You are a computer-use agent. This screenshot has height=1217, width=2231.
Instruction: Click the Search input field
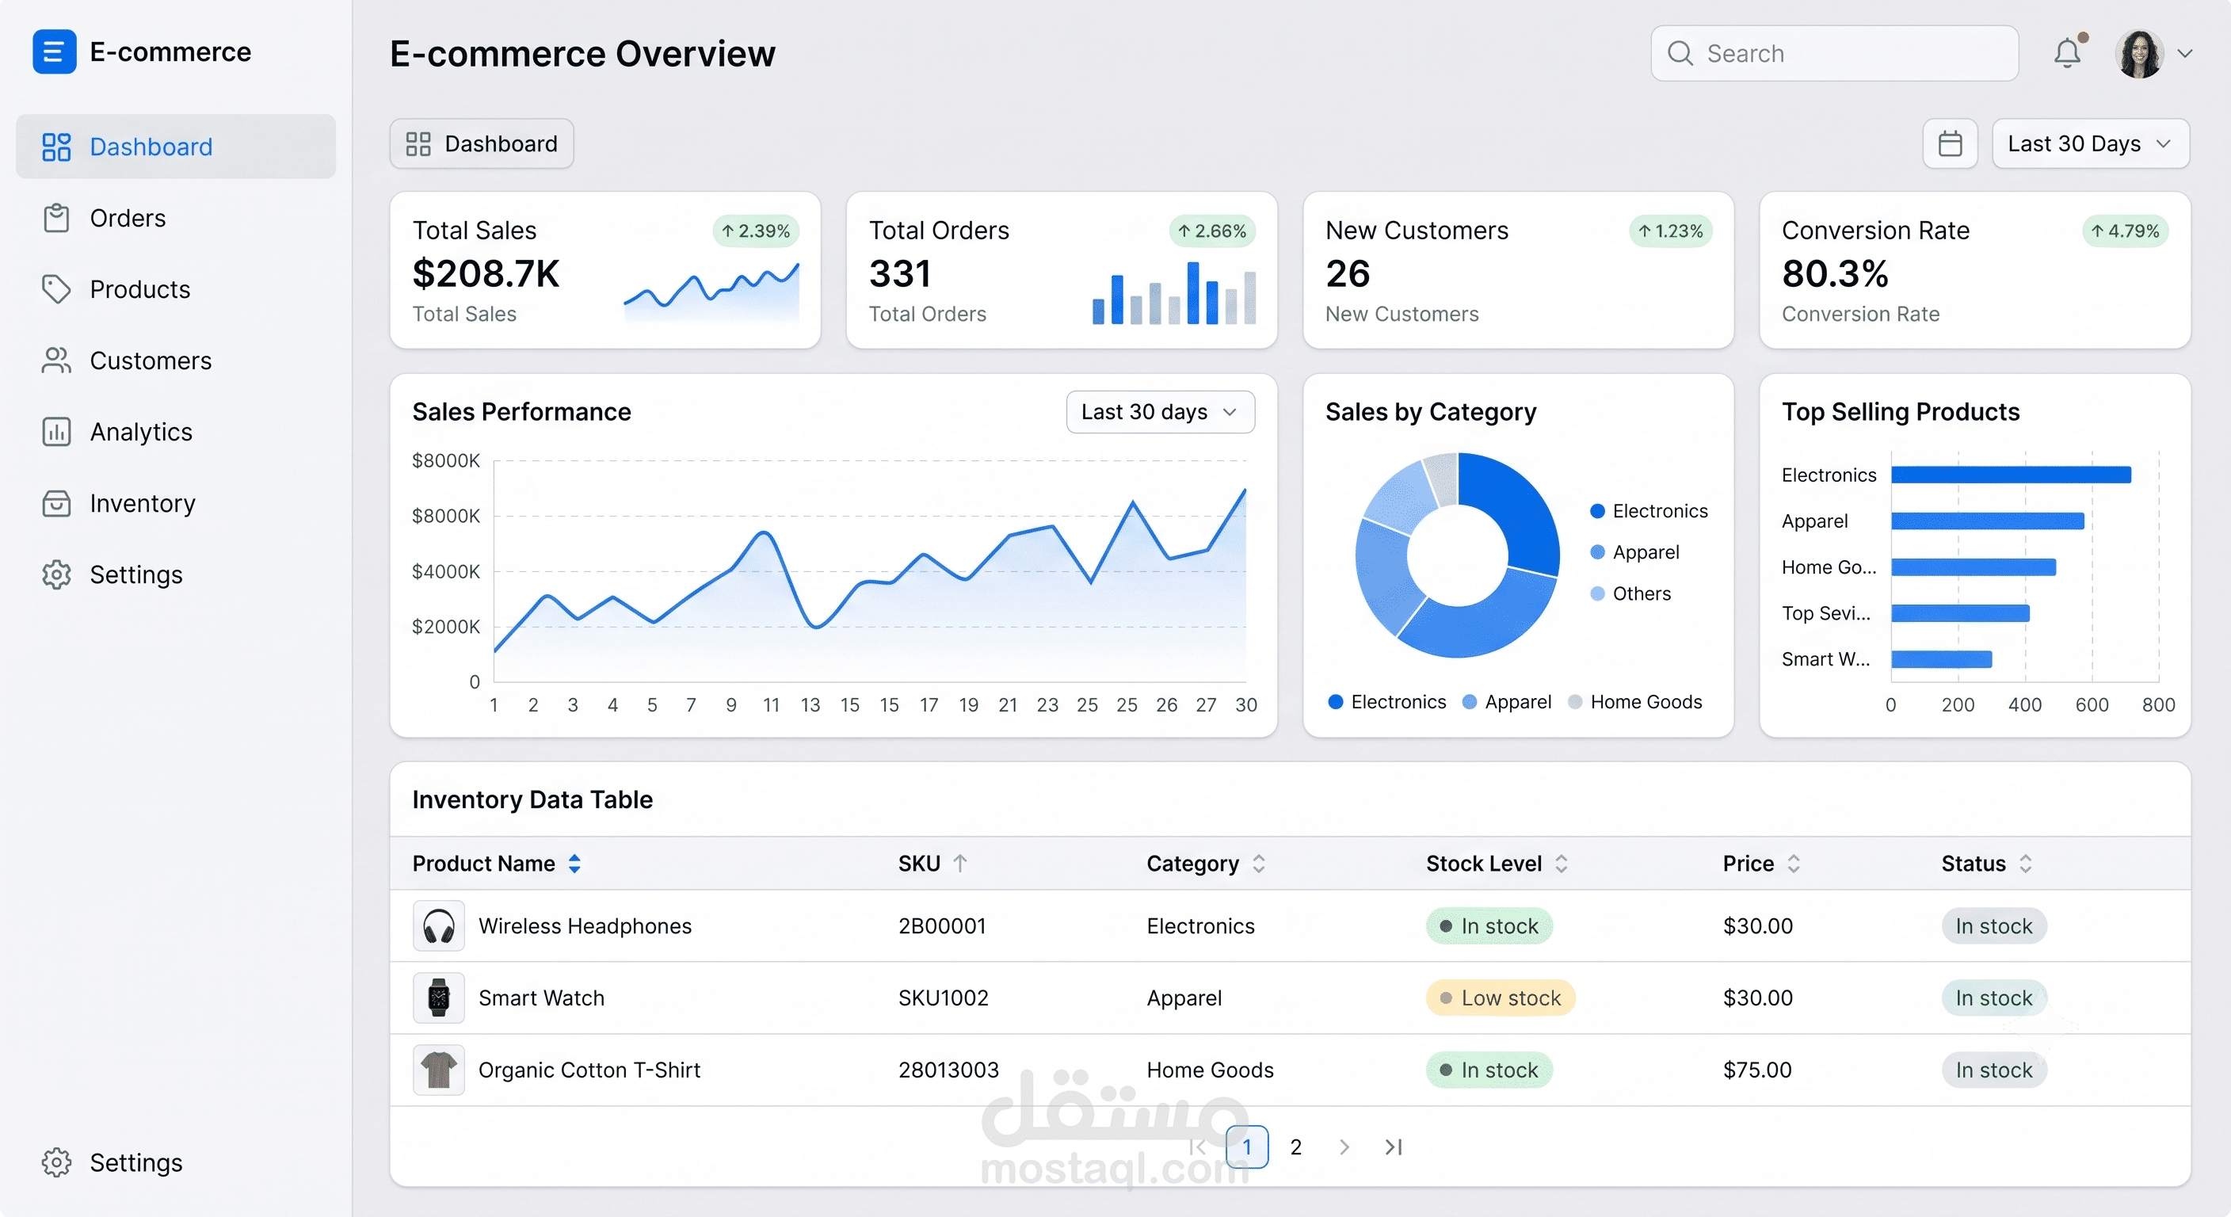(x=1834, y=54)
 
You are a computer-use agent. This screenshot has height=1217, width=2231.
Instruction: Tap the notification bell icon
(x=2067, y=54)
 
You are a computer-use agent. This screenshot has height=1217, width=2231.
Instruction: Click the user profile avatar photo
(x=2139, y=54)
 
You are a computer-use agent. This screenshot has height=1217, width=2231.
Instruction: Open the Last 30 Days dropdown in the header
(x=2090, y=143)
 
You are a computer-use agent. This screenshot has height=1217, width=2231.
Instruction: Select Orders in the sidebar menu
(x=128, y=218)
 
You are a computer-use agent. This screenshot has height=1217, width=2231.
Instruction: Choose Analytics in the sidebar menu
(x=141, y=433)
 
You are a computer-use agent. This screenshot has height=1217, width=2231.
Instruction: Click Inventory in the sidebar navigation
(x=143, y=503)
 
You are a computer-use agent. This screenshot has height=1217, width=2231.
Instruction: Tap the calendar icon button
(x=1950, y=143)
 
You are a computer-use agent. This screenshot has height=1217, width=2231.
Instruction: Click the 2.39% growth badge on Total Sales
(x=756, y=231)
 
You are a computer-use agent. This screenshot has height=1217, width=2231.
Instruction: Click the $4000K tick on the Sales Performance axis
(x=445, y=572)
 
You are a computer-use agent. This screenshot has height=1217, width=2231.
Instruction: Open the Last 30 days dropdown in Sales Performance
(x=1160, y=412)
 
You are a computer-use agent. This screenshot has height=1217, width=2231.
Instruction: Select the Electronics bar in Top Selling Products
(x=2010, y=475)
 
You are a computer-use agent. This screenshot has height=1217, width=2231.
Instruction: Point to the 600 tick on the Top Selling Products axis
(x=2092, y=705)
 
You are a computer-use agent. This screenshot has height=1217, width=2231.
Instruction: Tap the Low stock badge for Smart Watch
(x=1500, y=998)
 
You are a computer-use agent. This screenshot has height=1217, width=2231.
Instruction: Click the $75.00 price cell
(x=1757, y=1070)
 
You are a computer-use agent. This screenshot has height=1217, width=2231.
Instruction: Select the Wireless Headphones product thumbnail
(x=438, y=926)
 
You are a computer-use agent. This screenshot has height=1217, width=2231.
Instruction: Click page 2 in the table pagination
(x=1295, y=1146)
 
